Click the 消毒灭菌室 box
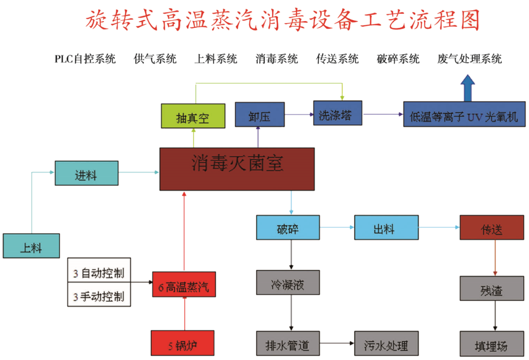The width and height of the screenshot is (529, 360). [237, 169]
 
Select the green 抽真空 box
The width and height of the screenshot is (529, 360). [193, 117]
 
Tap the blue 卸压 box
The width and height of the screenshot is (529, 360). [259, 115]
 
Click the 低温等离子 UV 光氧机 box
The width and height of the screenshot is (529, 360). [464, 115]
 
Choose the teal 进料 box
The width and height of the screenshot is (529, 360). [86, 174]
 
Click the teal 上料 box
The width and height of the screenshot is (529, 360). [30, 246]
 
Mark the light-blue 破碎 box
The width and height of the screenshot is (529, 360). [288, 228]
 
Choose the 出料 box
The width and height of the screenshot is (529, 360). [385, 228]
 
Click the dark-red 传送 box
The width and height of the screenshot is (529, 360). [491, 228]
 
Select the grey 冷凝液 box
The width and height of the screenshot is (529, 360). [288, 283]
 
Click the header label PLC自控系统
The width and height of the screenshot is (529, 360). [85, 59]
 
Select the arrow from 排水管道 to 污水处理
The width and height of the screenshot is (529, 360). [337, 342]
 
